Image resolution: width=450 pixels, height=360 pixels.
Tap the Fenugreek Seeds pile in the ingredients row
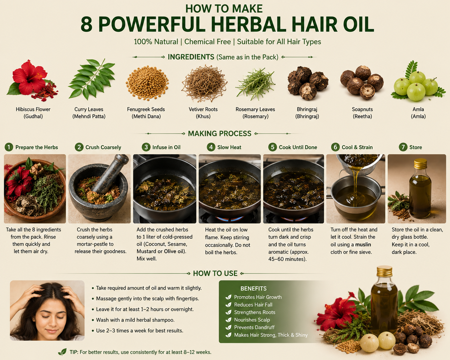pos(147,83)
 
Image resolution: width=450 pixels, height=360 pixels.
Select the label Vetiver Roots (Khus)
pos(203,113)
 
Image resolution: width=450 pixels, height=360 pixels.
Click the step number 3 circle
pos(146,147)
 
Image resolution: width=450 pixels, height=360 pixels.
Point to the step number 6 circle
pos(335,147)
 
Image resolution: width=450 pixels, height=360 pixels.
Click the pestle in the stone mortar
pos(110,174)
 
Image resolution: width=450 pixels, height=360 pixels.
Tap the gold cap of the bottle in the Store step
pos(420,164)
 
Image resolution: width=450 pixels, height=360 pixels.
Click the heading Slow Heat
pos(229,147)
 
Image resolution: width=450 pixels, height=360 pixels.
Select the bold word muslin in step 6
pos(363,244)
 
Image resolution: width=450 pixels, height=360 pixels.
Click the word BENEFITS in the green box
pos(254,288)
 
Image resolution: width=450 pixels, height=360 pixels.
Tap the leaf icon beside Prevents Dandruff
pos(228,327)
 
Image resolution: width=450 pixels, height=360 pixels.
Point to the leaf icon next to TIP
pos(62,352)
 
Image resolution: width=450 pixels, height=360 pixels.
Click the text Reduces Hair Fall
pos(253,305)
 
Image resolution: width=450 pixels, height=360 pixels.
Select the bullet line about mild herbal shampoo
pos(135,320)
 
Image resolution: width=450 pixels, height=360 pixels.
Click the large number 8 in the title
pos(87,24)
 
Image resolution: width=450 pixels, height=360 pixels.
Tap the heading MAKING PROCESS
pos(220,133)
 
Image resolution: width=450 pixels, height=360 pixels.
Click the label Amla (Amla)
pos(418,113)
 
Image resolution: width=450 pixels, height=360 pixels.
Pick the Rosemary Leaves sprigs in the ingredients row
pos(255,84)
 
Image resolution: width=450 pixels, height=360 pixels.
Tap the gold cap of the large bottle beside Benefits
pos(384,271)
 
